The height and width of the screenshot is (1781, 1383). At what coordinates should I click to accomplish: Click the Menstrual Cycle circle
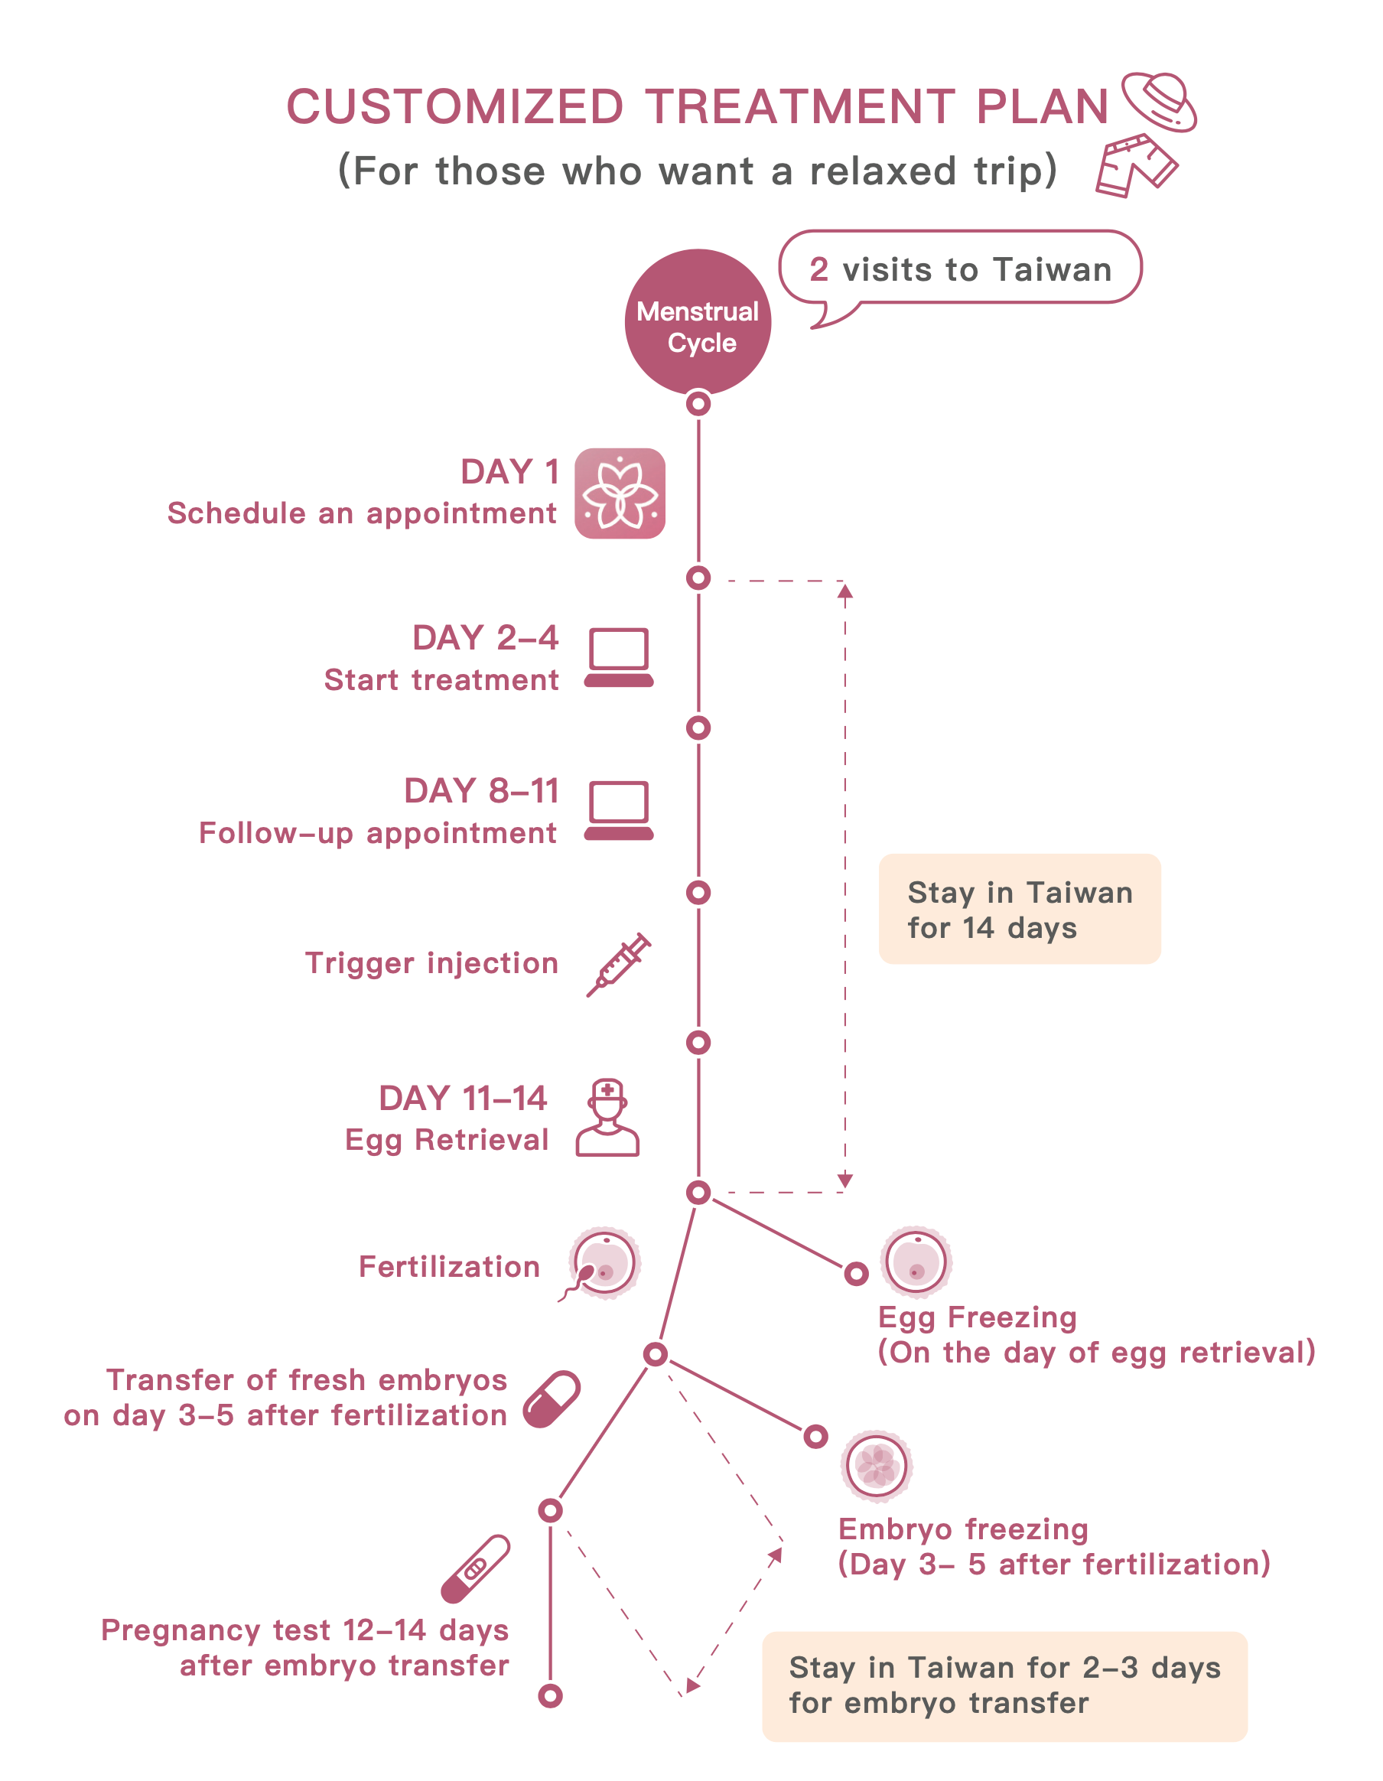pyautogui.click(x=698, y=322)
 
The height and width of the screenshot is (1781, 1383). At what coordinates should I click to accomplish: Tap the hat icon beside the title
pyautogui.click(x=1159, y=101)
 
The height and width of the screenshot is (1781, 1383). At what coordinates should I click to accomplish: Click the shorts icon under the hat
pyautogui.click(x=1137, y=165)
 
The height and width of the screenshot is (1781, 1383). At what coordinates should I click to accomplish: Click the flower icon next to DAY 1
pyautogui.click(x=620, y=493)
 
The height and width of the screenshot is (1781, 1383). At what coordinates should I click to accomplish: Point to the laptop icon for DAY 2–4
pyautogui.click(x=619, y=657)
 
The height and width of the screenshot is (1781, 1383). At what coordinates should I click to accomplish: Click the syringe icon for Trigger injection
pyautogui.click(x=618, y=965)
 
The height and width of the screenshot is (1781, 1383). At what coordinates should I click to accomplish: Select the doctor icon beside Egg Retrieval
pyautogui.click(x=607, y=1118)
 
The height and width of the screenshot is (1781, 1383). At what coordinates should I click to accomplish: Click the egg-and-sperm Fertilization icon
pyautogui.click(x=601, y=1264)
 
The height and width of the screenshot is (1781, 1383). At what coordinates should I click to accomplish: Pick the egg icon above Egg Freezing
pyautogui.click(x=916, y=1262)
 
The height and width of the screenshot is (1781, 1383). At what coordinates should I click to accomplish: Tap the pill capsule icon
pyautogui.click(x=552, y=1399)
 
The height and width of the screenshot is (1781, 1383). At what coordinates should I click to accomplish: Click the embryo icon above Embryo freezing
pyautogui.click(x=877, y=1465)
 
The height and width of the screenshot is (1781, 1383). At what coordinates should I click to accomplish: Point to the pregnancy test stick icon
pyautogui.click(x=476, y=1569)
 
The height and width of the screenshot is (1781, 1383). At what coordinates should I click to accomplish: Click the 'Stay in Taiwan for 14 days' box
pyautogui.click(x=1020, y=910)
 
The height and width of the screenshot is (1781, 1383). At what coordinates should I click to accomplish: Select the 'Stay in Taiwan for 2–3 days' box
pyautogui.click(x=1004, y=1686)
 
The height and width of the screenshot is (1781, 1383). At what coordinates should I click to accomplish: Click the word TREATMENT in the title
pyautogui.click(x=800, y=107)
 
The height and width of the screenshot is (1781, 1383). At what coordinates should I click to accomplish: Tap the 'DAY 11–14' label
pyautogui.click(x=462, y=1099)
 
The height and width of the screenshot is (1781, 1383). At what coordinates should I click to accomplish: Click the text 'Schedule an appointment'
pyautogui.click(x=362, y=515)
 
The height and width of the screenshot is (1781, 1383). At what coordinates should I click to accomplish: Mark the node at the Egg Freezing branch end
pyautogui.click(x=856, y=1273)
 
